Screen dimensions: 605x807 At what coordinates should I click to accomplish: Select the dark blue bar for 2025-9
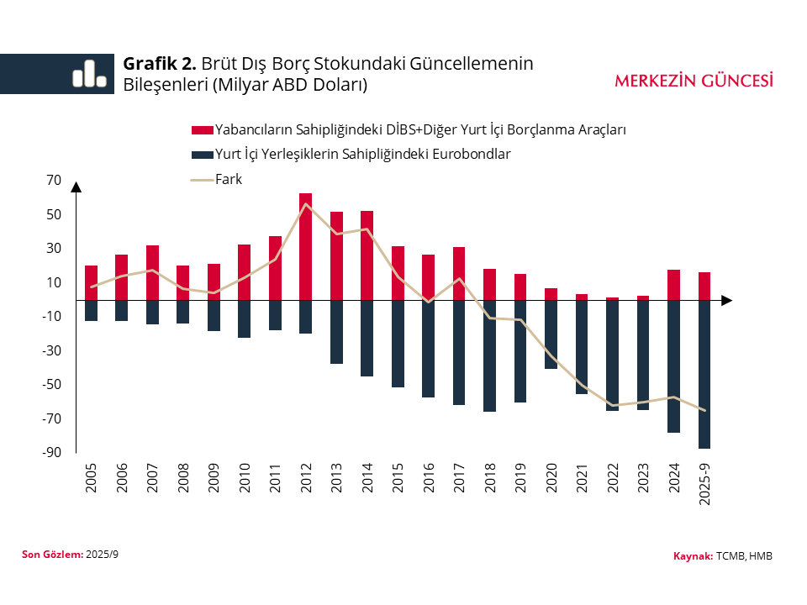click(x=704, y=374)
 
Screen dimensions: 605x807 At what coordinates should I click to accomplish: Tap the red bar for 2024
click(x=673, y=285)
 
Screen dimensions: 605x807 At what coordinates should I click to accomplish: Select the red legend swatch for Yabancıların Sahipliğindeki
click(x=202, y=130)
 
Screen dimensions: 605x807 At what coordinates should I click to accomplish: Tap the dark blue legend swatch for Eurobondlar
click(x=202, y=155)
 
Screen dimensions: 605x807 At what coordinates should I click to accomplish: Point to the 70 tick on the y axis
click(x=55, y=180)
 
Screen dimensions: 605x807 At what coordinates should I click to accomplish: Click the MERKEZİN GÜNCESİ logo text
click(x=694, y=81)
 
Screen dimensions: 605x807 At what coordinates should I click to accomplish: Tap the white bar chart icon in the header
click(x=89, y=74)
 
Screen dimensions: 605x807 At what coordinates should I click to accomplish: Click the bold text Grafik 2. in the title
click(x=160, y=64)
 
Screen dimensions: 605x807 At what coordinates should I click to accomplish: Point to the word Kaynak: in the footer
click(x=693, y=556)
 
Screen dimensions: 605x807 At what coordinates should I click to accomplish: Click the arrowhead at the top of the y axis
click(x=76, y=187)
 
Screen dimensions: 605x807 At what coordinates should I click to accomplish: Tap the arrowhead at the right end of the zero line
click(x=727, y=300)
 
